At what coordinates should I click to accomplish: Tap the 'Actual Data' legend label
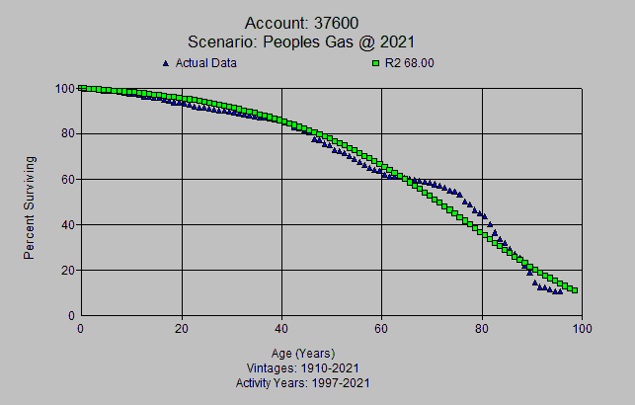point(205,63)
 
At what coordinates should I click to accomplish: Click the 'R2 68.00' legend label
point(410,63)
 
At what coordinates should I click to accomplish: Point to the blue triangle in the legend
point(165,63)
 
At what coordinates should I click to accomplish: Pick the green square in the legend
point(375,63)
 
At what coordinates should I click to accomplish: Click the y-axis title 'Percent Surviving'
point(31,207)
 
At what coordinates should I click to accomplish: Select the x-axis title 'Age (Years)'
point(302,354)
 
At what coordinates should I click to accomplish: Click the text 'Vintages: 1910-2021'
point(302,368)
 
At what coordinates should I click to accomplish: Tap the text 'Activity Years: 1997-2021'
point(302,382)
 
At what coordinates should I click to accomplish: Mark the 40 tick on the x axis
point(281,329)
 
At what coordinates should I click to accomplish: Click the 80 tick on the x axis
point(482,329)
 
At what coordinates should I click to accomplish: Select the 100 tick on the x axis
point(581,329)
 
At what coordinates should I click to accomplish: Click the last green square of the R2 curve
point(574,290)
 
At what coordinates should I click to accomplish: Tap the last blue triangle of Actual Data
point(560,290)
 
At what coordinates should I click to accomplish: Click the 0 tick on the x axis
point(80,329)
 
